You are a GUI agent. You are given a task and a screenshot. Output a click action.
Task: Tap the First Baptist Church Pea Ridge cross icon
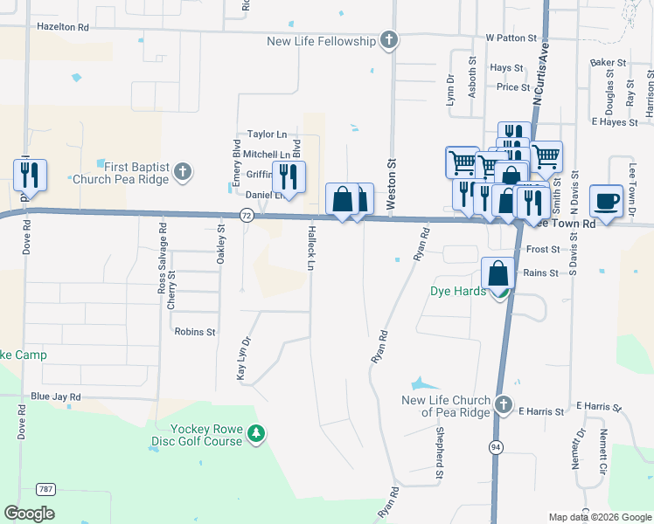tap(182, 170)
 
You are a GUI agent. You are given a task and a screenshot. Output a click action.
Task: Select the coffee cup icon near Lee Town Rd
tap(606, 201)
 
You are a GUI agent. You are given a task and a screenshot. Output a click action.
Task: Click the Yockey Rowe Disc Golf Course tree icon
tap(255, 433)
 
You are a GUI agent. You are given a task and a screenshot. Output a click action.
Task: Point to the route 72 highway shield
tap(247, 216)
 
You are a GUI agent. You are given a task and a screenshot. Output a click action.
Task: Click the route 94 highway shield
tap(496, 447)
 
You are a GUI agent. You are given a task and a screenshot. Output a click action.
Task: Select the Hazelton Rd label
tap(63, 27)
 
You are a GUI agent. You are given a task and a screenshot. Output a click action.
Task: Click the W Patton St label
tap(511, 38)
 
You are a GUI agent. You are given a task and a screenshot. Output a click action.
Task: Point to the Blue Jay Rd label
tap(55, 396)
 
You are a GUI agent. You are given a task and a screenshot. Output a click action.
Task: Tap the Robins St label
tap(195, 332)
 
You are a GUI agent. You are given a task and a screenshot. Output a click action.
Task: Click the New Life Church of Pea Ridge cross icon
tap(503, 404)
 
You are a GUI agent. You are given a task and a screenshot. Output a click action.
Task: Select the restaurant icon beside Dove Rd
tap(30, 176)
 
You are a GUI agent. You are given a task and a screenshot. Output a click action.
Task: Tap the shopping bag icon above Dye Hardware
tap(497, 273)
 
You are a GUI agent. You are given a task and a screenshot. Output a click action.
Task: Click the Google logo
tap(29, 514)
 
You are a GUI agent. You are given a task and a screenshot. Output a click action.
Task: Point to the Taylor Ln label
tap(267, 134)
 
